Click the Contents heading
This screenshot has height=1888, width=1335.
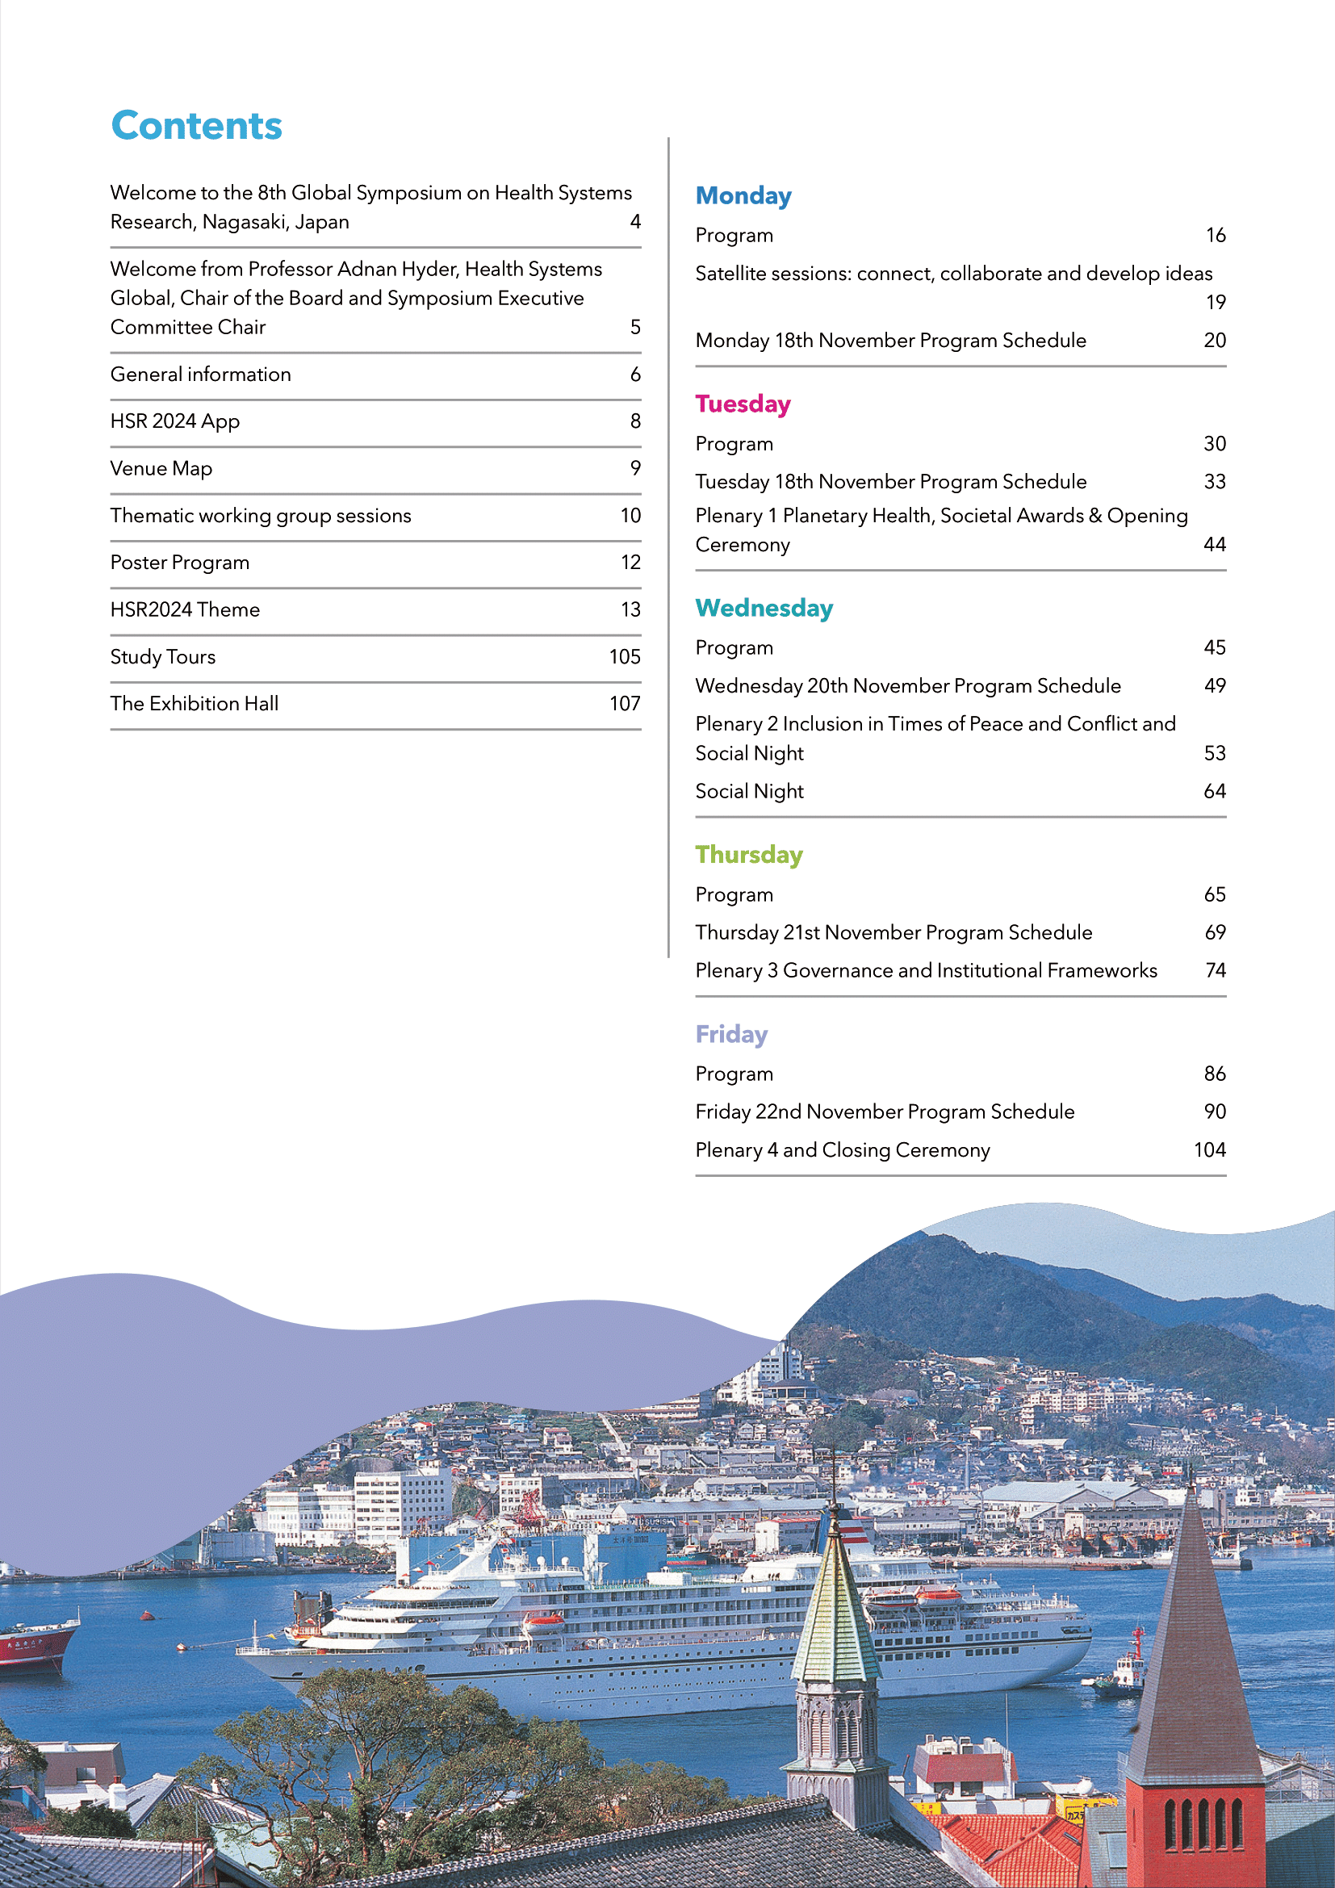(x=196, y=126)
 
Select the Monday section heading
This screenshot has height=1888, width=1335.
(x=743, y=195)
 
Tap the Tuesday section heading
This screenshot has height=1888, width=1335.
(x=743, y=404)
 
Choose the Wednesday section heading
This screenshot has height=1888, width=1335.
(x=764, y=608)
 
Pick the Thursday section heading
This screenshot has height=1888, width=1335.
(x=749, y=854)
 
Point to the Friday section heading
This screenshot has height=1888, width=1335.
(x=730, y=1034)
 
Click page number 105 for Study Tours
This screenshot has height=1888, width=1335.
(x=624, y=656)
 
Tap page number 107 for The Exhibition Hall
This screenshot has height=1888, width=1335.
(x=624, y=703)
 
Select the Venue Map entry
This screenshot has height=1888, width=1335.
(x=161, y=468)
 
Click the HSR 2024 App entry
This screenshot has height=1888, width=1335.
(x=175, y=421)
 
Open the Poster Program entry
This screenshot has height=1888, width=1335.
(x=180, y=563)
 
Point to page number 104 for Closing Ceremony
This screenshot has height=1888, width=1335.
(x=1208, y=1149)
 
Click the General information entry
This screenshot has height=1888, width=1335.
(x=201, y=375)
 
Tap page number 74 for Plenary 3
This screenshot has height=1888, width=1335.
(x=1214, y=970)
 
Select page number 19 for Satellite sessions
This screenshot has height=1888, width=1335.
(x=1215, y=302)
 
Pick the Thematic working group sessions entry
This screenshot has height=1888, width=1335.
(x=261, y=516)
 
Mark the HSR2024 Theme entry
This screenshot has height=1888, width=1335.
(x=185, y=609)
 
